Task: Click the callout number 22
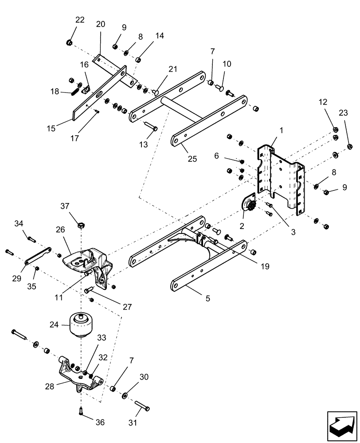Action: coord(79,20)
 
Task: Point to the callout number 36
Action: coord(100,423)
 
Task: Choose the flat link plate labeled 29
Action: coord(38,256)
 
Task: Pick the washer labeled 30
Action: coord(125,394)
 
